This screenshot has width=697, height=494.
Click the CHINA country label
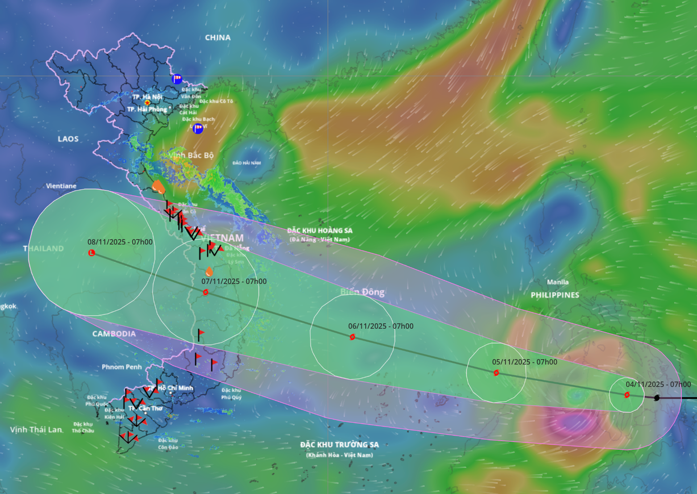coord(218,38)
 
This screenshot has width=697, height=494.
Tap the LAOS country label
coord(68,139)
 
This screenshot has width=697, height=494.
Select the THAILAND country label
coord(44,248)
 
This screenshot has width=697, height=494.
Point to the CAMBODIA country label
coord(114,334)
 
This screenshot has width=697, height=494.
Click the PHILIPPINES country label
coord(555,295)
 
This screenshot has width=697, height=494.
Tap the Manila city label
coord(558,282)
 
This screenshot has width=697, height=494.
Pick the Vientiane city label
coord(61,186)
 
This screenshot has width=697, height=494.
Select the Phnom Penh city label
coord(121,367)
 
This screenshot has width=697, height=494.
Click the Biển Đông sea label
coord(362,292)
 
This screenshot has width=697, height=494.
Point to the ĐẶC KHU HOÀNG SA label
coord(319,231)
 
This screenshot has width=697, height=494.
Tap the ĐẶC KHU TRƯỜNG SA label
coord(339,445)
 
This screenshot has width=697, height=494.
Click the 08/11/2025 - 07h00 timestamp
coord(120,242)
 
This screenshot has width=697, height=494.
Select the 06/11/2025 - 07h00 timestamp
coord(381,326)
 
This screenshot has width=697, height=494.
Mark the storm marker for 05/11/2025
coord(496,373)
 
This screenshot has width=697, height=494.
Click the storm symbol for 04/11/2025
coord(627,395)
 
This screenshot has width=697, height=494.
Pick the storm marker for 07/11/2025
coord(206,292)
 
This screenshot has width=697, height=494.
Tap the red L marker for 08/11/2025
coord(92,253)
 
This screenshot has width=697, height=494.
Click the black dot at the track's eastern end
coord(657,398)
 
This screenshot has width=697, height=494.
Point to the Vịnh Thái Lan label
coord(36,430)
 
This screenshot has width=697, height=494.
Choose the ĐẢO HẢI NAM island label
coord(247,163)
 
